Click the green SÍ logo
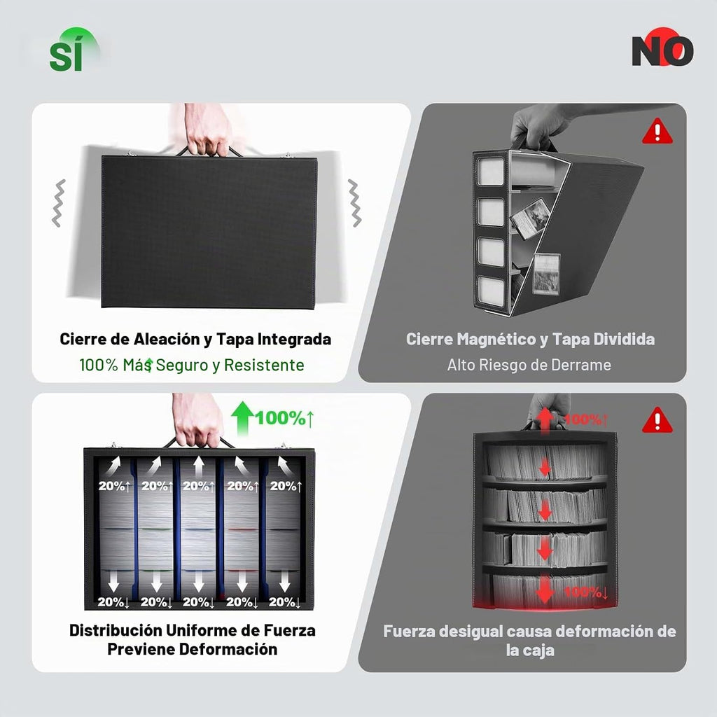click(73, 50)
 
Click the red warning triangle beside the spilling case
click(657, 131)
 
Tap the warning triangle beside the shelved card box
click(657, 420)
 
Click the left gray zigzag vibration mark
click(59, 203)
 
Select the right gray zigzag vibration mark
click(354, 203)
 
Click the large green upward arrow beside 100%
click(242, 418)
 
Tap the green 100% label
click(284, 418)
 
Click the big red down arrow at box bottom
click(545, 590)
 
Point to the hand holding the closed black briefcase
click(208, 130)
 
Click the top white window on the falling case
click(490, 172)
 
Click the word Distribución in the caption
click(116, 631)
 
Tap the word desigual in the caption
click(462, 632)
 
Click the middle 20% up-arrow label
click(198, 486)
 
